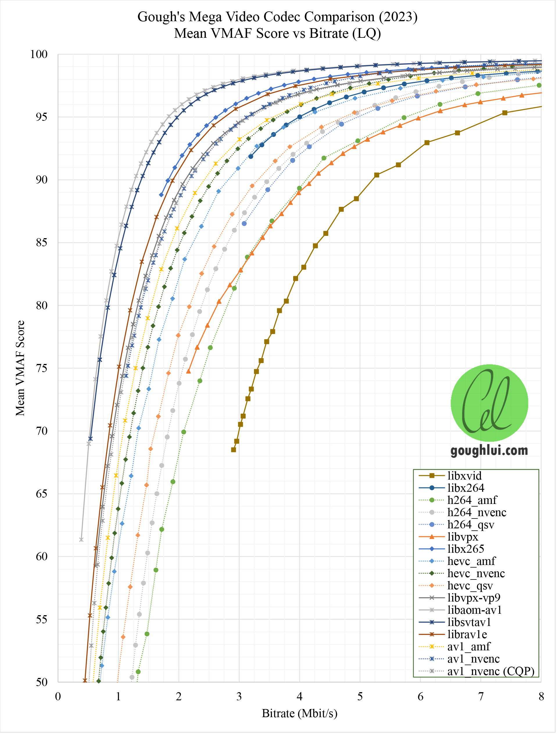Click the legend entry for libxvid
(464, 476)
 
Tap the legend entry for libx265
(465, 549)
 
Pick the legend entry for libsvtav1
(469, 622)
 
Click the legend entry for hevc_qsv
(470, 586)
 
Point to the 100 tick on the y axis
(39, 54)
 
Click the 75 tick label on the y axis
(42, 368)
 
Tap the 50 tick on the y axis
(42, 682)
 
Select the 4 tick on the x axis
(299, 697)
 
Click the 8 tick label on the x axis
(541, 697)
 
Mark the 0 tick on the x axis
(58, 697)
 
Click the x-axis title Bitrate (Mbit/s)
(299, 713)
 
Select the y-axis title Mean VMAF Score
(20, 368)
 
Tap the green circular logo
(489, 403)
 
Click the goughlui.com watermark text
(489, 451)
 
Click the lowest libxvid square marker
(234, 450)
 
